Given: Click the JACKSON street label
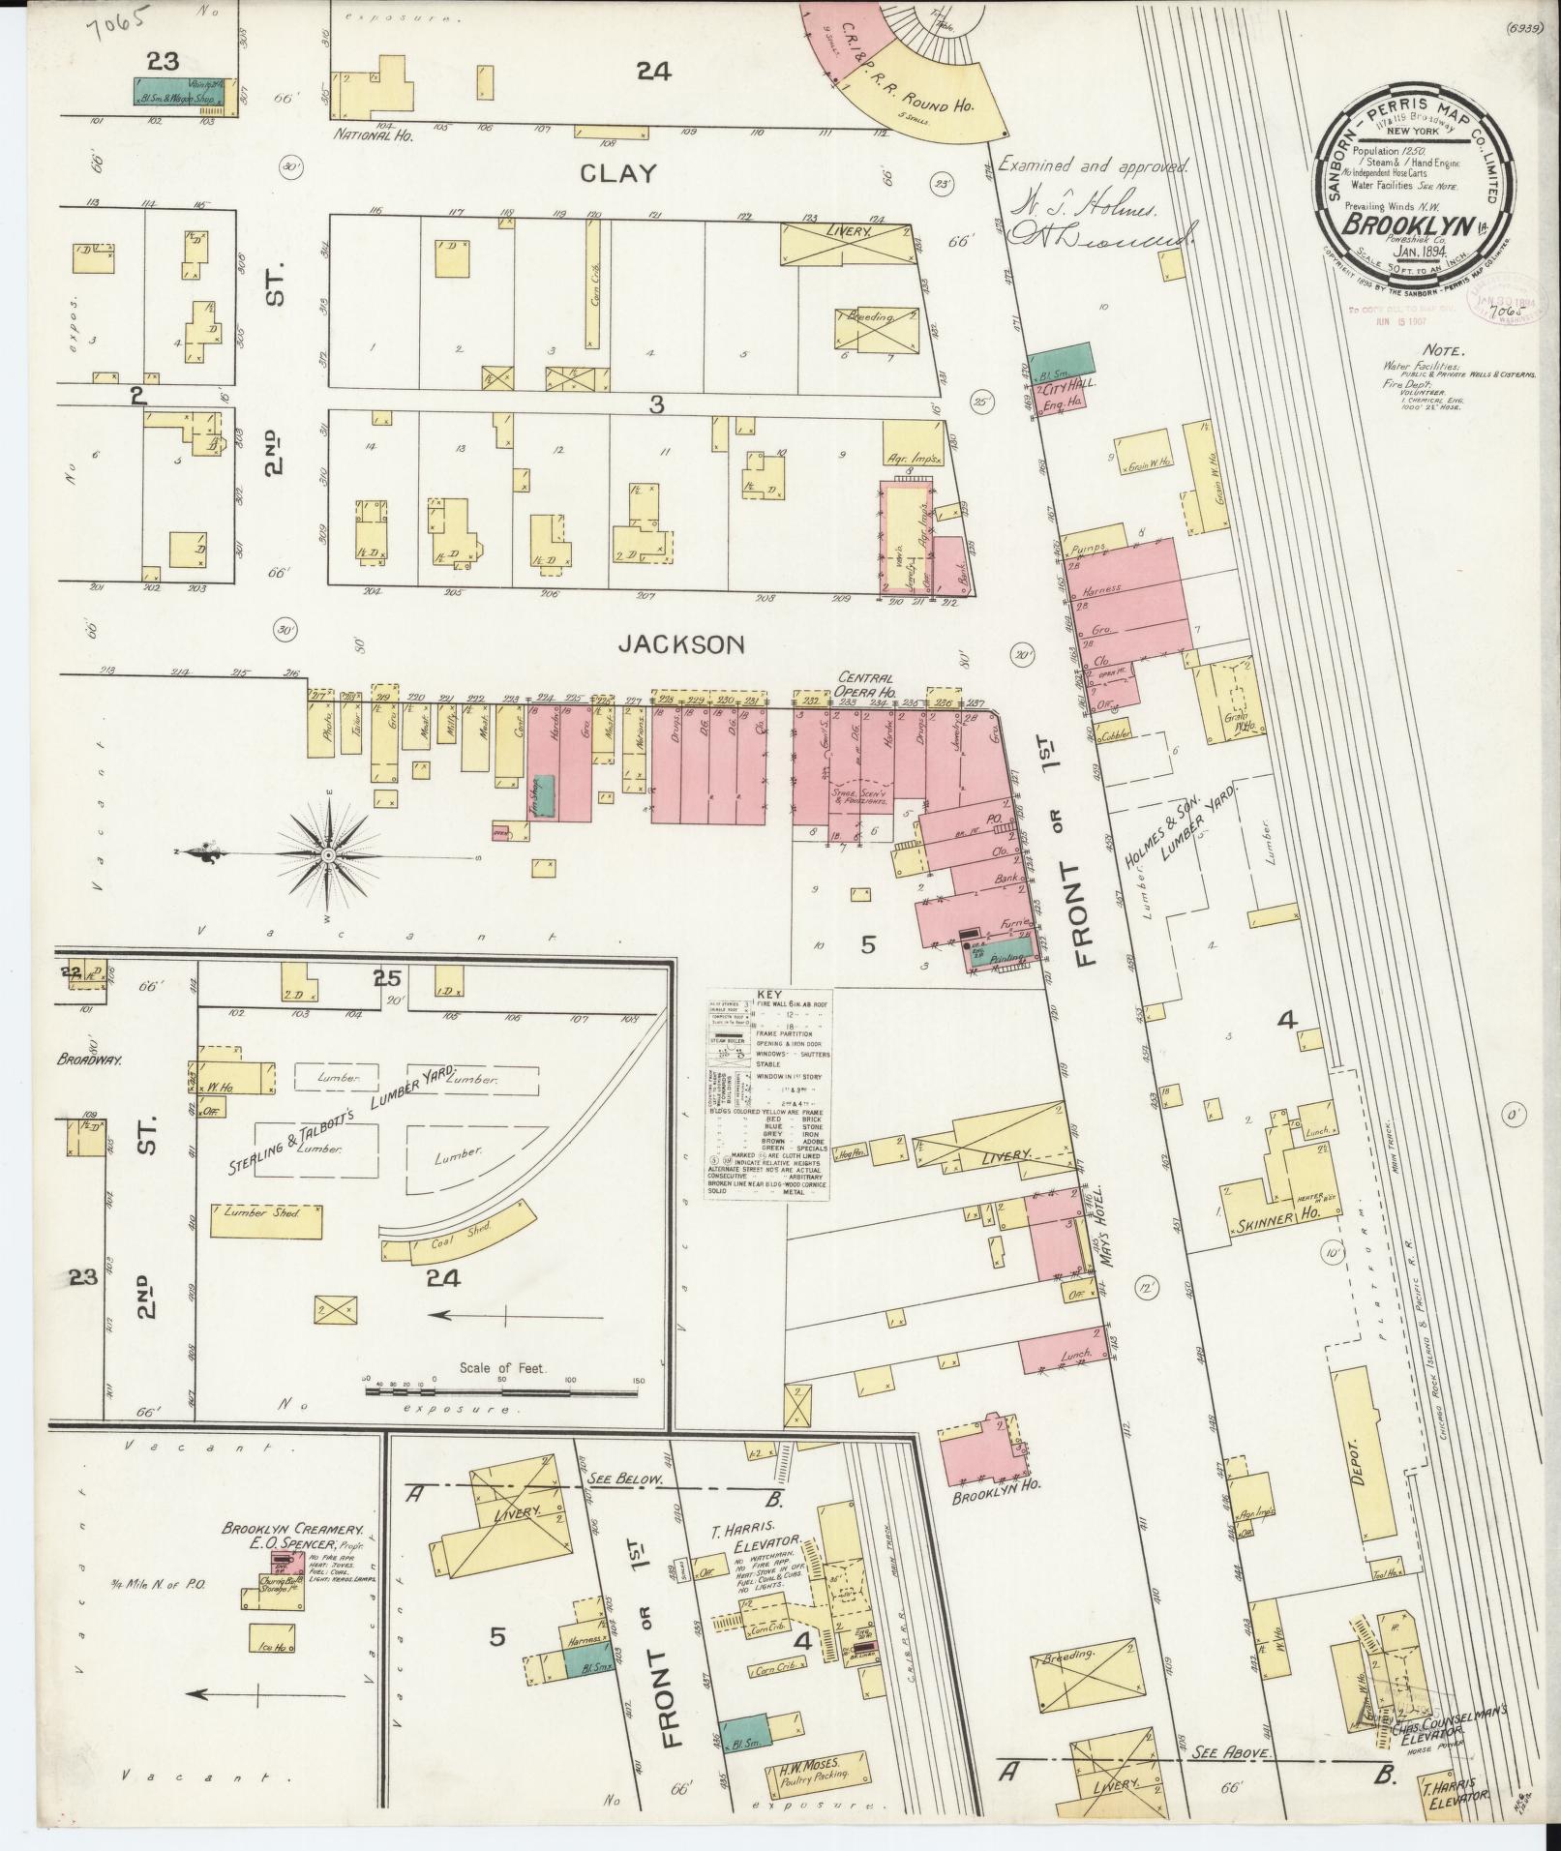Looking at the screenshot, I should pos(682,643).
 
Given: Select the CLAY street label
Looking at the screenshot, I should pos(618,174).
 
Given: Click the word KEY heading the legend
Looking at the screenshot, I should pos(768,994).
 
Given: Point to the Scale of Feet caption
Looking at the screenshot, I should pos(491,1369).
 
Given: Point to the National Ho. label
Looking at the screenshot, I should pos(375,136).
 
